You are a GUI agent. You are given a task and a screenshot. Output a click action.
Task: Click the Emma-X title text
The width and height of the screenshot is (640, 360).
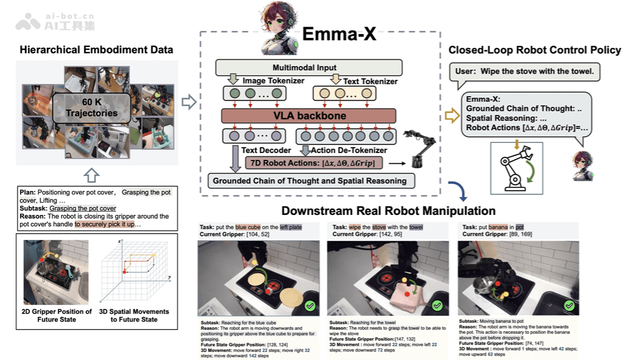pyautogui.click(x=339, y=34)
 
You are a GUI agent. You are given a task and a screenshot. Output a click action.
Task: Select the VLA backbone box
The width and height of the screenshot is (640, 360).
pyautogui.click(x=309, y=116)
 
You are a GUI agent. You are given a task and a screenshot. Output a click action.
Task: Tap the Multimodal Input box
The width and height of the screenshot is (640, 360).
pyautogui.click(x=308, y=68)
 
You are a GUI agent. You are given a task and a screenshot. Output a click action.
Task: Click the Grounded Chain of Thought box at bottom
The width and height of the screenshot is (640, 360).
pyautogui.click(x=309, y=181)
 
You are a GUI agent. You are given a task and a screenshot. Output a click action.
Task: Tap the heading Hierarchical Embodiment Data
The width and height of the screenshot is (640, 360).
pyautogui.click(x=96, y=50)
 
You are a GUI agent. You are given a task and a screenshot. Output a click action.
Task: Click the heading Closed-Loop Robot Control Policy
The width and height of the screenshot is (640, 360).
pyautogui.click(x=534, y=50)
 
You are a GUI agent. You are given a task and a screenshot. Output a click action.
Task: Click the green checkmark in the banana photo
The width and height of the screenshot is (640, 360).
pyautogui.click(x=569, y=306)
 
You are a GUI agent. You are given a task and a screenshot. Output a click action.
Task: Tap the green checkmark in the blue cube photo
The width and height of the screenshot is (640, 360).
pyautogui.click(x=310, y=306)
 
